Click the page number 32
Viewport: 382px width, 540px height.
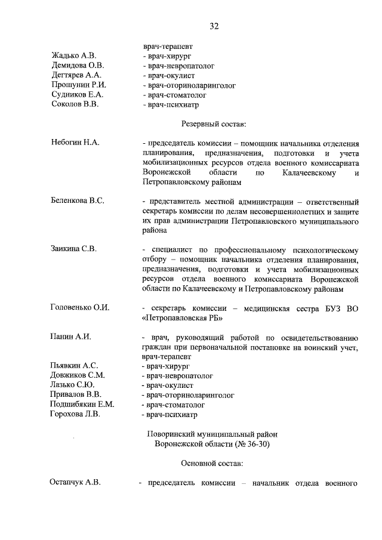[x=214, y=26]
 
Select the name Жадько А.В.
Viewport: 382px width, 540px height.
[x=74, y=55]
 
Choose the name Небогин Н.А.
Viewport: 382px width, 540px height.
[x=75, y=143]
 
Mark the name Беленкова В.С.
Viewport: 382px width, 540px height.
[x=78, y=200]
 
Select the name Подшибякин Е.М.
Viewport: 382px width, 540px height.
[x=82, y=404]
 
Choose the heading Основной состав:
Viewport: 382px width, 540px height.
[x=212, y=463]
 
